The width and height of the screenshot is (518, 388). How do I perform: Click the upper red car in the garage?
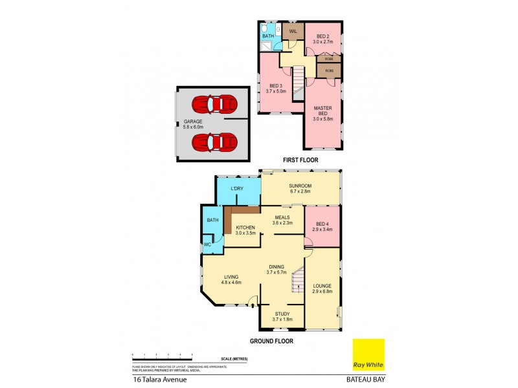click(x=215, y=103)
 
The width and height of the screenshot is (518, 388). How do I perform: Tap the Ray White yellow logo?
click(x=368, y=355)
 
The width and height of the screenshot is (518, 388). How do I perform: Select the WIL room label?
click(x=293, y=30)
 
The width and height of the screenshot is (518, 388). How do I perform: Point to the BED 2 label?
click(x=322, y=38)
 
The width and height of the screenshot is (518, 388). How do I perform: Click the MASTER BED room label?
click(x=322, y=111)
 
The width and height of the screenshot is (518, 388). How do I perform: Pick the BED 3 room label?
click(x=276, y=89)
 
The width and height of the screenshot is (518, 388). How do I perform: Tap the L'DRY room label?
click(x=237, y=188)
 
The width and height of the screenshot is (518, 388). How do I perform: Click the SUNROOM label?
click(x=300, y=188)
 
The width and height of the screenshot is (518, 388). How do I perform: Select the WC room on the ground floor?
click(x=208, y=244)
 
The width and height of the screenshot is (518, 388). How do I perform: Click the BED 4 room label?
click(x=322, y=226)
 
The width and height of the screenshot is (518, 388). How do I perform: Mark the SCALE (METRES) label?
click(x=234, y=358)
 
